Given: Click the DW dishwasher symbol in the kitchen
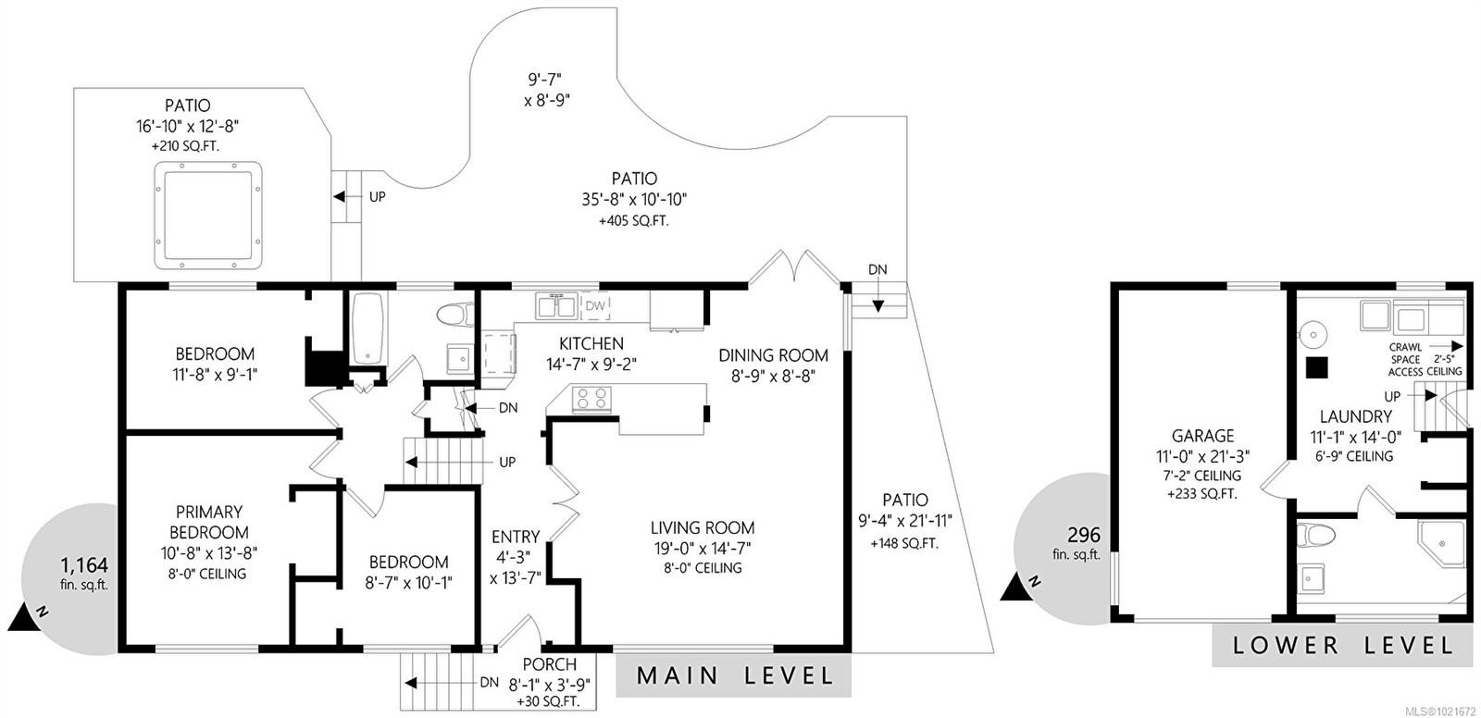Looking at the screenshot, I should [x=596, y=305].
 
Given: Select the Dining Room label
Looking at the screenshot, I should [x=773, y=355].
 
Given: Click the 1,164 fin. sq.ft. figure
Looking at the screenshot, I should [x=84, y=564].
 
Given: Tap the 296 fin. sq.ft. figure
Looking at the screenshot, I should [x=1083, y=535].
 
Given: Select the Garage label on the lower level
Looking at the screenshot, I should [x=1202, y=436].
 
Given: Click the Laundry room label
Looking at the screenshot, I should [x=1355, y=417].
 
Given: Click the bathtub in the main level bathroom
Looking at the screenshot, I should [x=367, y=329].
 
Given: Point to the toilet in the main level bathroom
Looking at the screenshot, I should [x=454, y=316].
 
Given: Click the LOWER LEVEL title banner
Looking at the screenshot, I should [x=1342, y=645].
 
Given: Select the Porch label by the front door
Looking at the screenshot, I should [x=549, y=664].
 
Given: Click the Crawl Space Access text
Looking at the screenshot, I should [x=1404, y=360].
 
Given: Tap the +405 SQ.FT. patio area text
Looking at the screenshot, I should [x=634, y=221].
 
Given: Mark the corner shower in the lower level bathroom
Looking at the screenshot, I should [x=1444, y=544].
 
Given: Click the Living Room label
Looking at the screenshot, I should [x=702, y=528].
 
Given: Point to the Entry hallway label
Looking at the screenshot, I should [x=515, y=537].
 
